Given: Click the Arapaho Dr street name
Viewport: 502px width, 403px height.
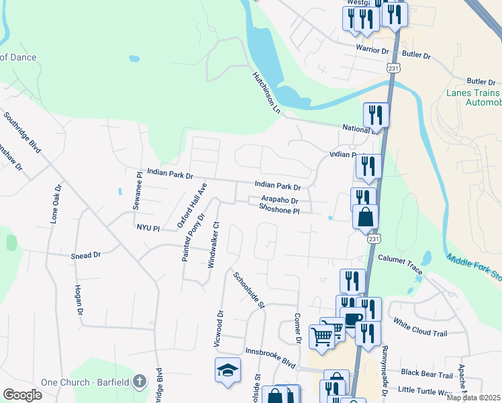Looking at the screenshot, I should (279, 199).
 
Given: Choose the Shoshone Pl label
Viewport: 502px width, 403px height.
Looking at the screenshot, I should (279, 209).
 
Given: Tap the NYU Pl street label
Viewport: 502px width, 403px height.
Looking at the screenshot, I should (148, 228).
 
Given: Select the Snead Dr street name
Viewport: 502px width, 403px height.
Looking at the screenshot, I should (85, 255).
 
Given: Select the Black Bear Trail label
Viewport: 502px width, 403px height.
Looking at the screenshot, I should (427, 372).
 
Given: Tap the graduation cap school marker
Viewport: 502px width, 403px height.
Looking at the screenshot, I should (228, 369).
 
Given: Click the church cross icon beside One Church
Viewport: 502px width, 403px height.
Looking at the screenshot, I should (140, 382).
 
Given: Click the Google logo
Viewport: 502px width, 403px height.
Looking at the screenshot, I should (23, 395).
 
